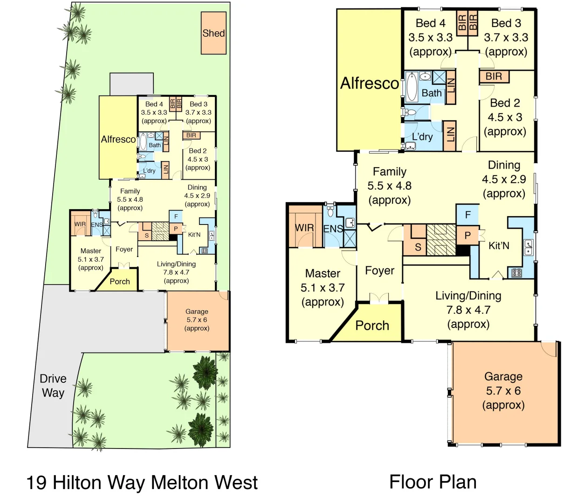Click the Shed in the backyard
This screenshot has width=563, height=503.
click(x=213, y=33)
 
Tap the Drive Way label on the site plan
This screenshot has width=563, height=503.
click(x=53, y=386)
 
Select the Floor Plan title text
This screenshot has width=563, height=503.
click(x=433, y=482)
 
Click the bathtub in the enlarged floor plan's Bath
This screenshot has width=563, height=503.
click(x=411, y=87)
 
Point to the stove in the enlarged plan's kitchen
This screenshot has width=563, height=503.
click(x=516, y=273)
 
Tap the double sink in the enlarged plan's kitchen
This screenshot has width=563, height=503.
click(x=528, y=247)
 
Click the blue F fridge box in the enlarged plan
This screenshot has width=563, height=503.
click(x=467, y=215)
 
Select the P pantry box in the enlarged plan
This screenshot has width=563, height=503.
click(x=467, y=236)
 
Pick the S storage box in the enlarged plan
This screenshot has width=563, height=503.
click(x=418, y=247)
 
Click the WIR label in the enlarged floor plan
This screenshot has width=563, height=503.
click(x=304, y=228)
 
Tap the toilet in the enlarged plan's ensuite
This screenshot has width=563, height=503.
click(x=330, y=211)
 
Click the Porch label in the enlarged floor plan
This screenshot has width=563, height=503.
click(x=372, y=326)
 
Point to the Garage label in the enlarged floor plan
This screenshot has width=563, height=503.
click(x=503, y=376)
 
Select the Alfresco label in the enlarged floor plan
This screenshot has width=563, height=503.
click(x=369, y=83)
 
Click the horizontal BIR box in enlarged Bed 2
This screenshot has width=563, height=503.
click(x=494, y=76)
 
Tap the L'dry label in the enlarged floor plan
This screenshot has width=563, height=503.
click(x=422, y=137)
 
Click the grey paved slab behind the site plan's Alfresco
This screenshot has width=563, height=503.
click(x=131, y=84)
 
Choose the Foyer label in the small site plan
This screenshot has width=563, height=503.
click(x=124, y=249)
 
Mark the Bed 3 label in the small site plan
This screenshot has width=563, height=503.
click(x=199, y=104)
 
